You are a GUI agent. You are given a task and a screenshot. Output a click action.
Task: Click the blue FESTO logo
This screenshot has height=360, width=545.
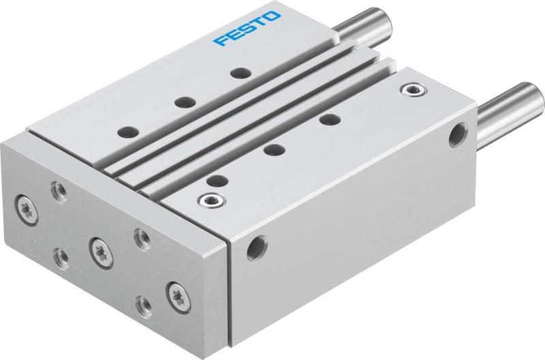[x=246, y=29]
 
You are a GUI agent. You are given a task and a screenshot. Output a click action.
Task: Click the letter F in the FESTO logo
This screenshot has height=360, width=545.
[x=220, y=41]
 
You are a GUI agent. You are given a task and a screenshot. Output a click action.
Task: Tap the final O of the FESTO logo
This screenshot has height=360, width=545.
[x=271, y=16]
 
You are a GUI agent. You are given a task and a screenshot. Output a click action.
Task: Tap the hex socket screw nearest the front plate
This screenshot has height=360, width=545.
[x=204, y=200]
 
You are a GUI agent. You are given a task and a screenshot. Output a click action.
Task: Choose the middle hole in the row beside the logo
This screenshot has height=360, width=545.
[x=182, y=102]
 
